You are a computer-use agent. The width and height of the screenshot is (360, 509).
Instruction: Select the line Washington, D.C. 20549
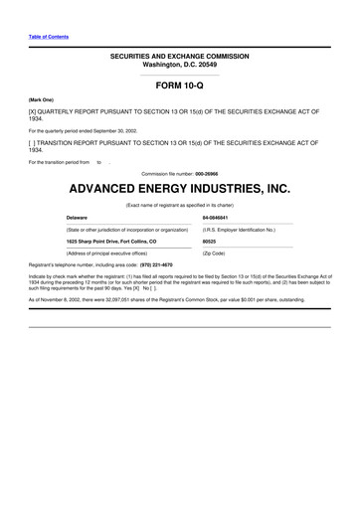pyautogui.click(x=180, y=65)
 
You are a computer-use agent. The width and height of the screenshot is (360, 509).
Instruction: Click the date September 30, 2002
pyautogui.click(x=112, y=130)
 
